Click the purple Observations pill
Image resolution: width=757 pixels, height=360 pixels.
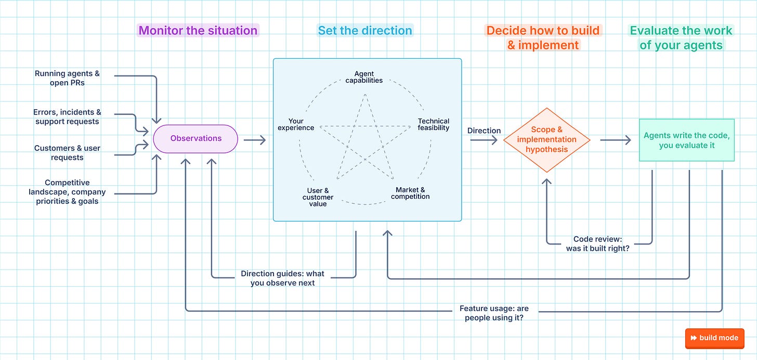[195, 138]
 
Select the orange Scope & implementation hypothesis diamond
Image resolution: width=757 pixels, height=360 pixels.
[547, 140]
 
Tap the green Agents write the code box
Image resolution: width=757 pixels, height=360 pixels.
[687, 140]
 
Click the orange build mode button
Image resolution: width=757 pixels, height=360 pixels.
[715, 338]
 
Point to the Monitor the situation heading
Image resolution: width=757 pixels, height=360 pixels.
[198, 30]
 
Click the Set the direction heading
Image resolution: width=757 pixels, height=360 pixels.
[365, 30]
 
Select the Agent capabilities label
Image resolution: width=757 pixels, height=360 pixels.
[364, 77]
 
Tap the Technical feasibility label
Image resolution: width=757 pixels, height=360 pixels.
[434, 124]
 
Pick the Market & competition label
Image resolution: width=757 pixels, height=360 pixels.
[410, 193]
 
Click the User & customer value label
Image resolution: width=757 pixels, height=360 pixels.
[318, 197]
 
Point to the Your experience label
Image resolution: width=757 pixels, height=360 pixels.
[296, 124]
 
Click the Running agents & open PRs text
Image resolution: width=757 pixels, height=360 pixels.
[67, 78]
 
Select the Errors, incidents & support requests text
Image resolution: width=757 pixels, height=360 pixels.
[67, 117]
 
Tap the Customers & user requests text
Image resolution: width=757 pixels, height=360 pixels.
[67, 153]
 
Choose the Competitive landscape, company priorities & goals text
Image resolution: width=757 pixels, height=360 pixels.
[67, 192]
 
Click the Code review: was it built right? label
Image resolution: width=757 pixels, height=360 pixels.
[598, 243]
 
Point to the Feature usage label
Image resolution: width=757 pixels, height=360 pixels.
[494, 313]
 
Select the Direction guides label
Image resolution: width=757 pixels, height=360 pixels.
[282, 278]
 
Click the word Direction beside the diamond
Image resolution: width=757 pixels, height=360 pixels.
[484, 131]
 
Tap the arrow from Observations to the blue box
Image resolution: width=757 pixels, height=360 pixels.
[255, 139]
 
